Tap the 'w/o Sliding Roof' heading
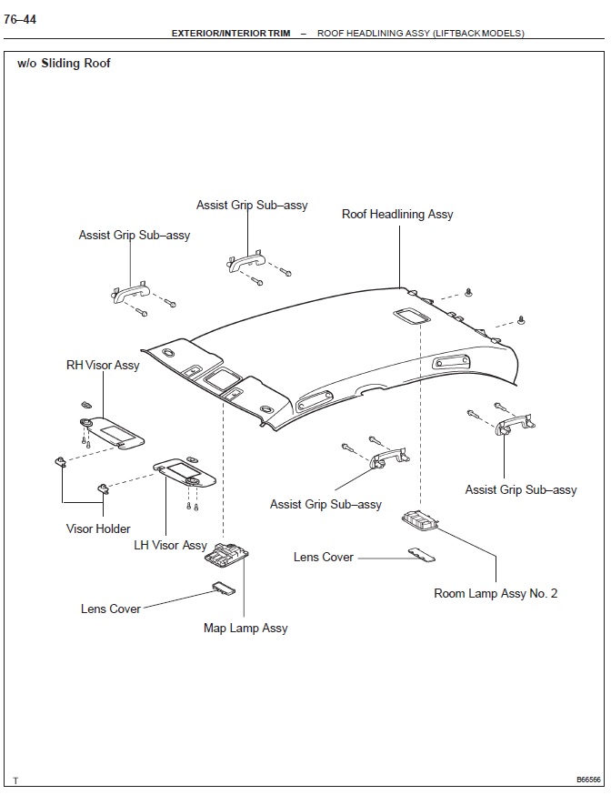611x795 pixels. pos(64,64)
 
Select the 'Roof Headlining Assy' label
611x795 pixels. pos(397,215)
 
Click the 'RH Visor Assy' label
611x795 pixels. pos(103,365)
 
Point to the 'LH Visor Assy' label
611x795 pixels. pos(170,545)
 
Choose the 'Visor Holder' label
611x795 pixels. pos(98,528)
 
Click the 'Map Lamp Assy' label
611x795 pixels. pos(245,628)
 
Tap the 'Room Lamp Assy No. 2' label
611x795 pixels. pos(496,593)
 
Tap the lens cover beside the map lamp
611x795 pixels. pos(224,589)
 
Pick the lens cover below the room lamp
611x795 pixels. pos(420,554)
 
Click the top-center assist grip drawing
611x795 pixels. pos(244,260)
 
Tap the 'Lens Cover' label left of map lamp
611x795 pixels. pos(111,609)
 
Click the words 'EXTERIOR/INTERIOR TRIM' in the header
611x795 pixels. pos(231,34)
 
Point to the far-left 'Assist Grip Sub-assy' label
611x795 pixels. pos(135,235)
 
